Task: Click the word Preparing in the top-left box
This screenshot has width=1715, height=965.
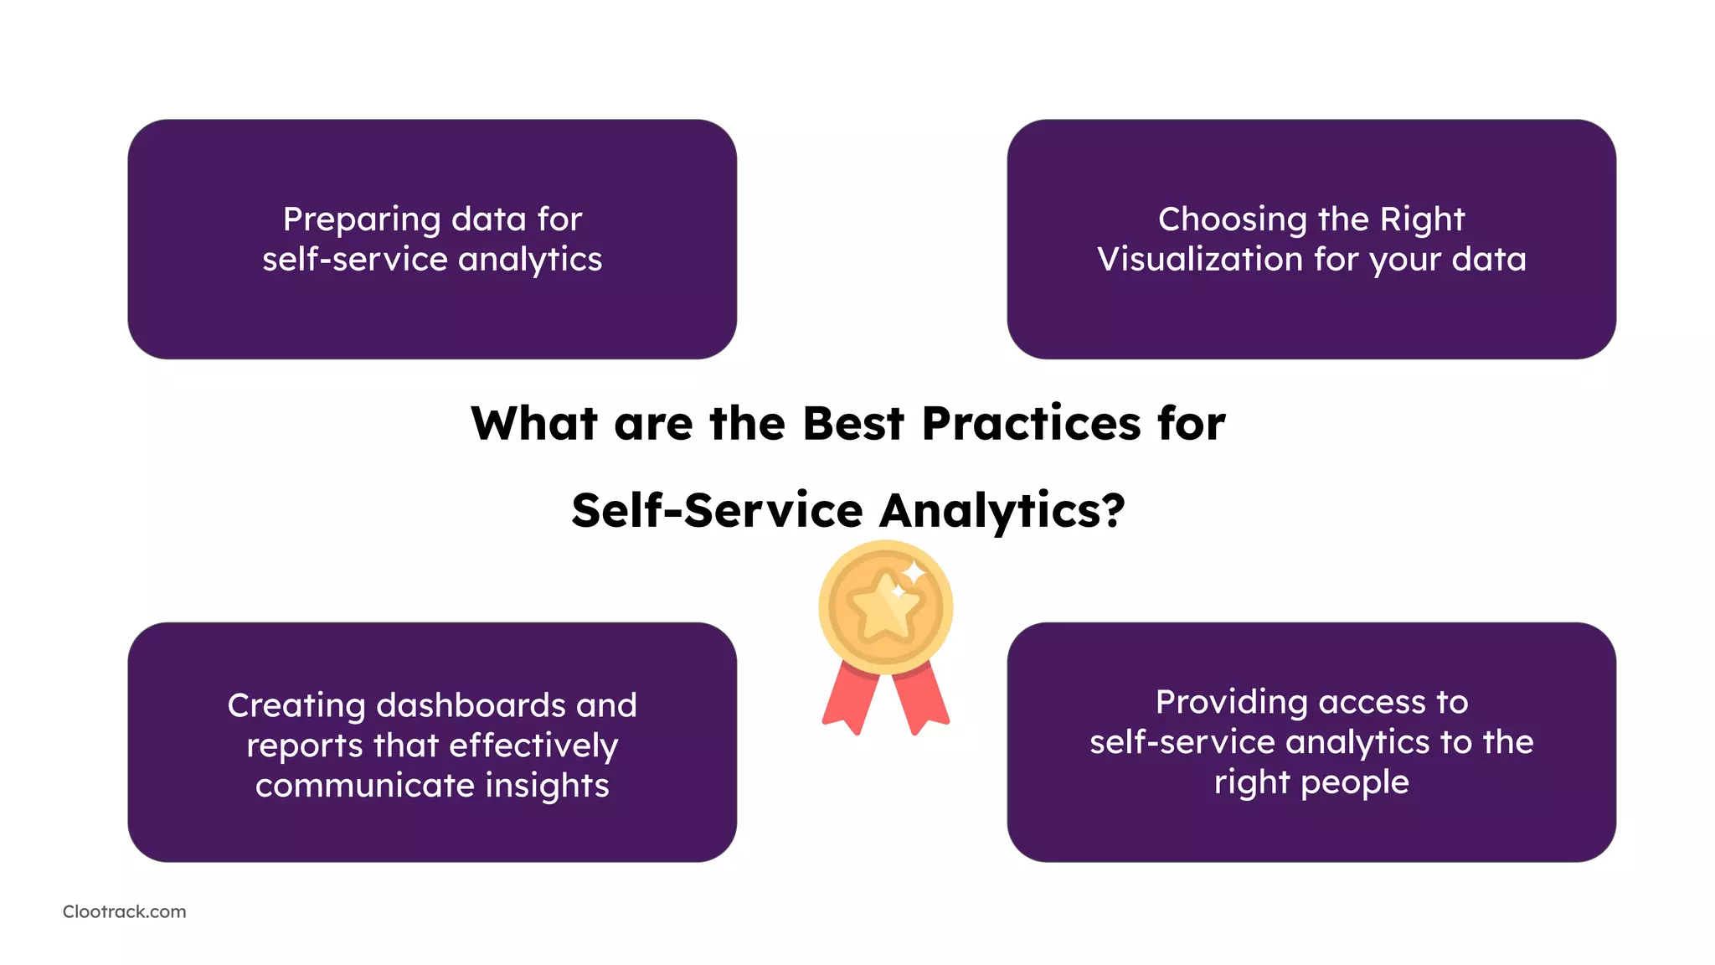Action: pos(361,220)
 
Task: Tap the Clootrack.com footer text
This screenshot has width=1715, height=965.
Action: pos(124,911)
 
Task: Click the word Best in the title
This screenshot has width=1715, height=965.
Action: pos(853,423)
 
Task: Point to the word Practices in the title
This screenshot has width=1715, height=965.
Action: pos(1031,423)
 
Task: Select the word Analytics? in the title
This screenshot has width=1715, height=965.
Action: pos(1002,511)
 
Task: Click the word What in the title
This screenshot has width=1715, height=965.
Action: pos(533,423)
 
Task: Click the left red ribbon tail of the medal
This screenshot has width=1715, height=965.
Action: pos(849,700)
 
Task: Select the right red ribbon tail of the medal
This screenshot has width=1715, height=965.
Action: pos(922,699)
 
